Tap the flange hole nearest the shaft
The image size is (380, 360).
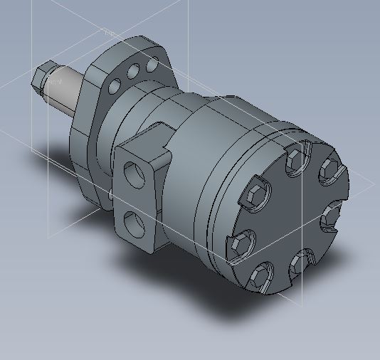pyautogui.click(x=115, y=86)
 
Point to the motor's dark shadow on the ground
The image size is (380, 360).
pyautogui.click(x=199, y=299)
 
